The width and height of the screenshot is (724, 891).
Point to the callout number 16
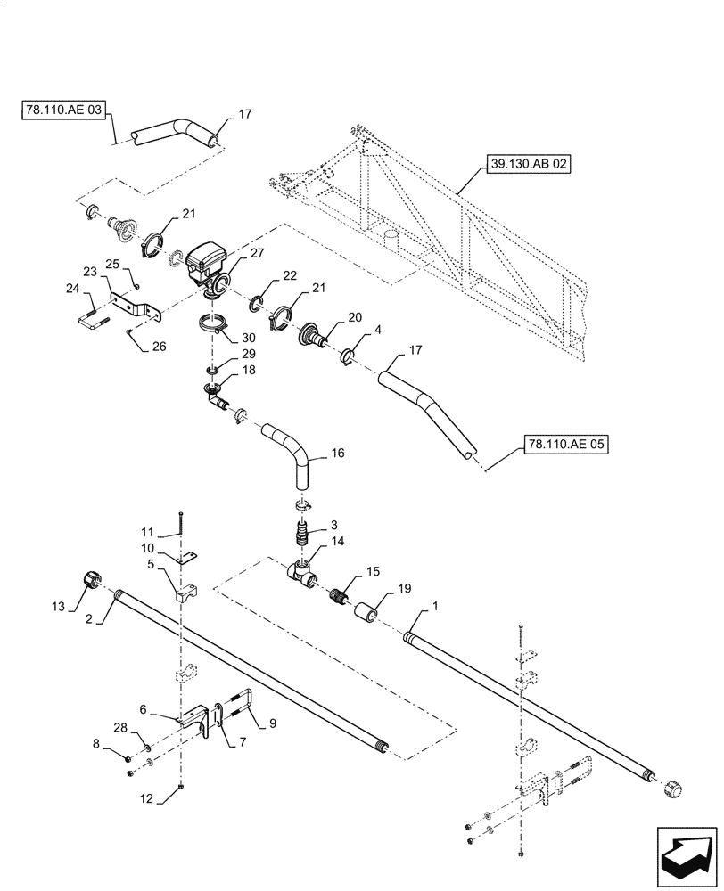coord(337,454)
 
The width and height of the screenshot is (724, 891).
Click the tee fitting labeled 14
coord(300,572)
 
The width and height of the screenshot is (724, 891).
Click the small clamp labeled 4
coord(350,357)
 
